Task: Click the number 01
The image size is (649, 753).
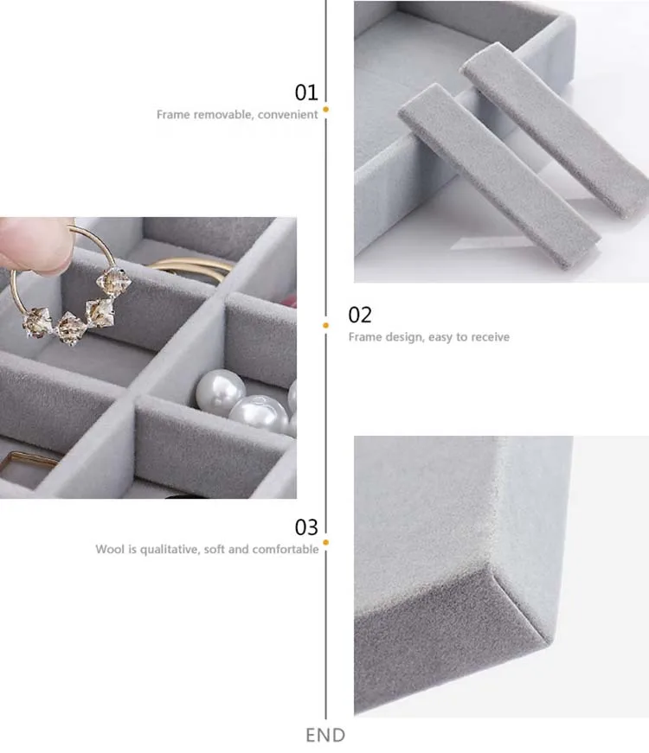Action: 306,93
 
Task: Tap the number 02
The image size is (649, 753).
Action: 360,315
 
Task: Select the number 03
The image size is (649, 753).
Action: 306,527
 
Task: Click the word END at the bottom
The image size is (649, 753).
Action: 325,735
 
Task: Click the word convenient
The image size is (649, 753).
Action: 287,114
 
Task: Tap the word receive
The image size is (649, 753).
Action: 490,337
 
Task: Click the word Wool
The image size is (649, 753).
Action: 109,549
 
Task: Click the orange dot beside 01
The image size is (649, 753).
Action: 325,110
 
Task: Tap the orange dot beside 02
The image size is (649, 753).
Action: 325,326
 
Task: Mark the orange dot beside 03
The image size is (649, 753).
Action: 325,543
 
